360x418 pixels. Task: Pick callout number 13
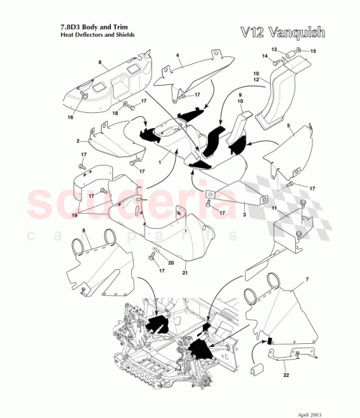click(274, 48)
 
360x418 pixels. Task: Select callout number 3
click(244, 214)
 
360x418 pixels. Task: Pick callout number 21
click(186, 274)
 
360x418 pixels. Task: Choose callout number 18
click(114, 113)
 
